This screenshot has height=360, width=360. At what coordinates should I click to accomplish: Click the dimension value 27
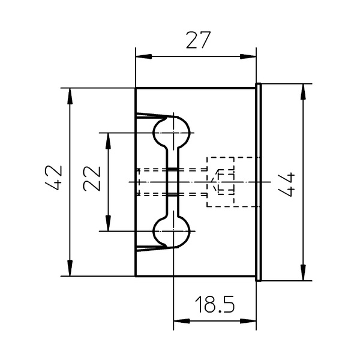pyautogui.click(x=198, y=40)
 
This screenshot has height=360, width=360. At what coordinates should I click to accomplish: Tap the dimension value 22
pyautogui.click(x=92, y=178)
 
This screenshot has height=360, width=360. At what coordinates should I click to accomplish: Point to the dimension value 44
pyautogui.click(x=286, y=184)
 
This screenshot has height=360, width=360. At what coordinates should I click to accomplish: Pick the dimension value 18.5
pyautogui.click(x=215, y=304)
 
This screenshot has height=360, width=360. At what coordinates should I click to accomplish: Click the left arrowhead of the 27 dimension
pyautogui.click(x=144, y=56)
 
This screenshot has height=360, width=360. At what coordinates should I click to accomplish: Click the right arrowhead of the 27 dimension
pyautogui.click(x=248, y=56)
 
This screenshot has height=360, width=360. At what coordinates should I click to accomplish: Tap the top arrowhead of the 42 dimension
pyautogui.click(x=70, y=96)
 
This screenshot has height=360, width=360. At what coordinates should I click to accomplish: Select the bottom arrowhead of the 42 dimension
pyautogui.click(x=70, y=268)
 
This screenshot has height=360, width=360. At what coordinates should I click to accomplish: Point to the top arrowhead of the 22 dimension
pyautogui.click(x=108, y=141)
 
